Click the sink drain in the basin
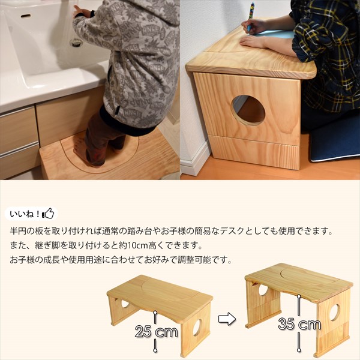pos(76,43)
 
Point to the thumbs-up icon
pos(48,213)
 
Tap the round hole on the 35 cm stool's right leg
pos(334,312)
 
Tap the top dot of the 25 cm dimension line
pos(155,310)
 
